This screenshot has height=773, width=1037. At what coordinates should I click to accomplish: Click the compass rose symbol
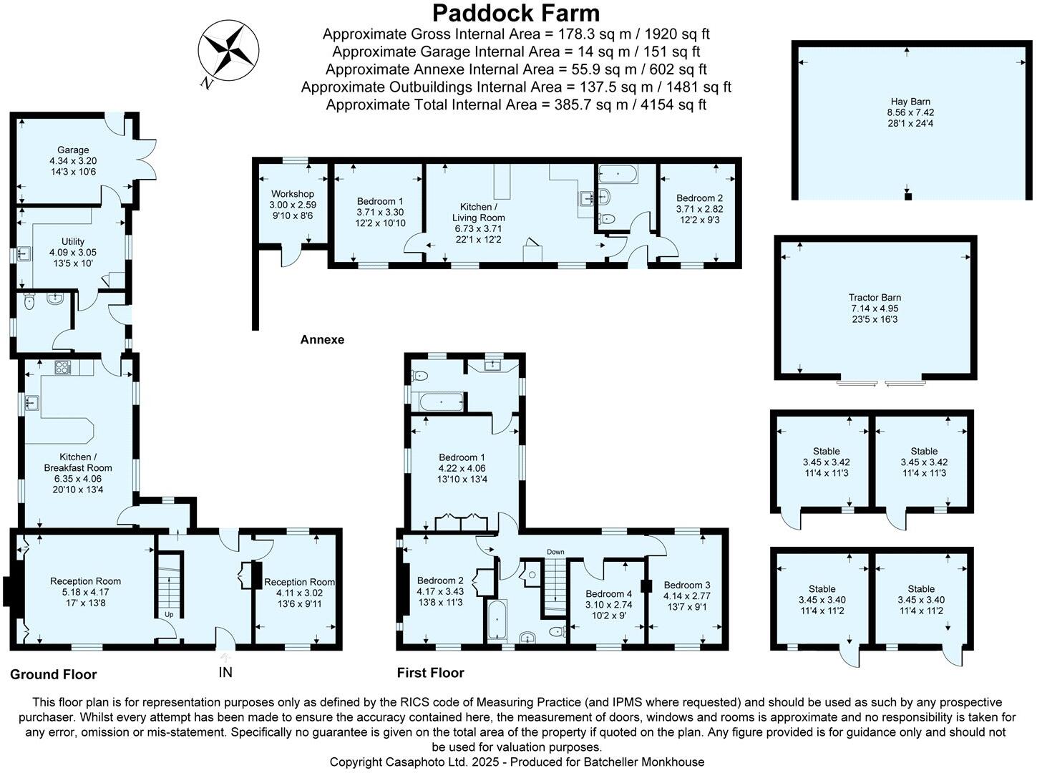228,52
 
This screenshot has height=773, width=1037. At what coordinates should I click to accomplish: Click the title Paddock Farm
515,13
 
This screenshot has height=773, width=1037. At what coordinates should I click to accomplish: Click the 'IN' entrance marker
225,672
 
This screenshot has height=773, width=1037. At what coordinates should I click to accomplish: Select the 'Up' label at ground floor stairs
169,615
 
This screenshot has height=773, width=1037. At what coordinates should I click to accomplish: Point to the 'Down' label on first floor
555,552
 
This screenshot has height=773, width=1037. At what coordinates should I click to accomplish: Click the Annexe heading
322,339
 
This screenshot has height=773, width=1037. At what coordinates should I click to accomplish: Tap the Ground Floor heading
53,674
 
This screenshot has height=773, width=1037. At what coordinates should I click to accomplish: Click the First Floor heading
430,673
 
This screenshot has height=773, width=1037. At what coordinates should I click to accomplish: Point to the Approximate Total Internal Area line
515,104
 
